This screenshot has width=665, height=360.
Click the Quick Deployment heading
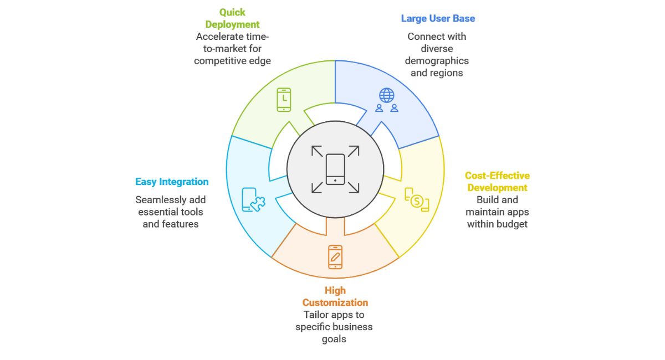[x=232, y=18]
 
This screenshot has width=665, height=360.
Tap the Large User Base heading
[x=438, y=18]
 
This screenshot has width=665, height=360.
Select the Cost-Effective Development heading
[x=497, y=182]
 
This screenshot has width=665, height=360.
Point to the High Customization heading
[x=335, y=296]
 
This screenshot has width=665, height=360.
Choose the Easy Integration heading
[x=172, y=182]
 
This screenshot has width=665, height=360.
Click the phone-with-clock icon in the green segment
[x=284, y=100]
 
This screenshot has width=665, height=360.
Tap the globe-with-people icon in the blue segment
[x=386, y=100]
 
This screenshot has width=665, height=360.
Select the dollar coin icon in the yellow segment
[x=417, y=200]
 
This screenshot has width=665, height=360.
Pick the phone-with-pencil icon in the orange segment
[x=335, y=256]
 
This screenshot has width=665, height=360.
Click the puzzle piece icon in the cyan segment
[x=254, y=200]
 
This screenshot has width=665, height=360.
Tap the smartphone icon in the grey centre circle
[x=335, y=169]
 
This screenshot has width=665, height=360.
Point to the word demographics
[x=437, y=61]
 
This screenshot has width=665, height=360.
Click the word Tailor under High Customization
[x=316, y=315]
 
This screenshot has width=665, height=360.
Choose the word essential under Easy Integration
[x=157, y=212]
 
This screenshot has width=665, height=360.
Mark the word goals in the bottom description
[x=334, y=339]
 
